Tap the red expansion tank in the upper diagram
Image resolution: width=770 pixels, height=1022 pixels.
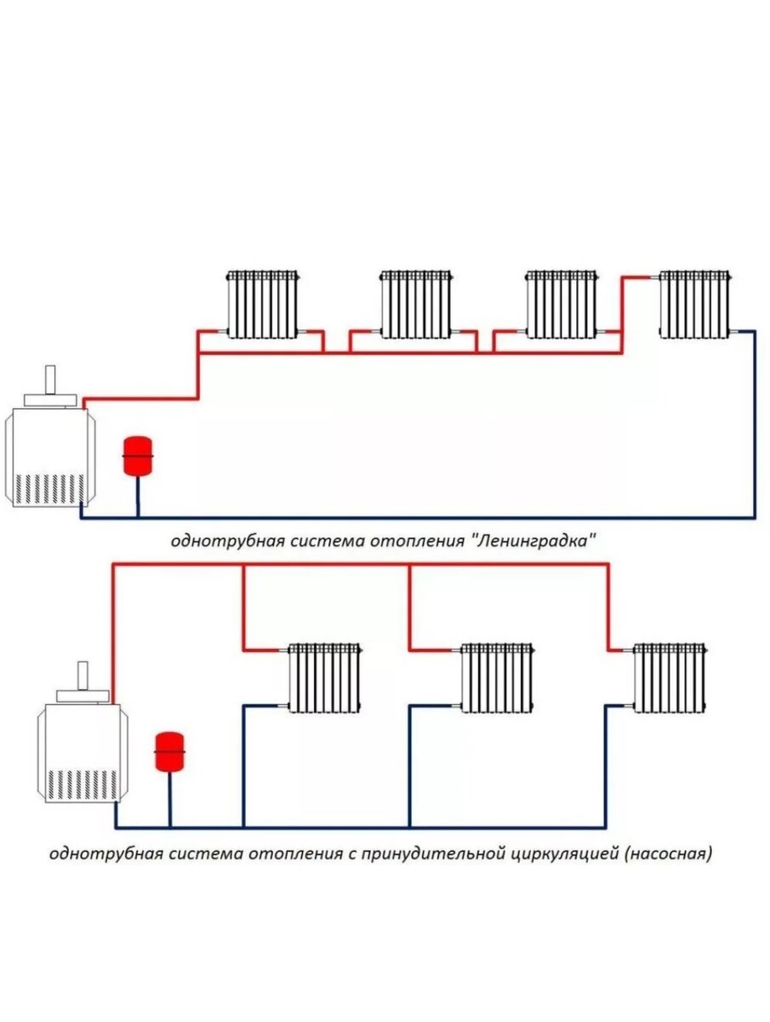136,456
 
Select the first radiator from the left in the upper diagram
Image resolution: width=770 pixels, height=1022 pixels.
263,304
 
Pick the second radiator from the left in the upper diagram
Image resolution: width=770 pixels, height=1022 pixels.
415,304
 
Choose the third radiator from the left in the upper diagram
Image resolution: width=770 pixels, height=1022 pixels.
562,304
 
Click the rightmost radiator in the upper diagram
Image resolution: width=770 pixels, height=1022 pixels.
695,304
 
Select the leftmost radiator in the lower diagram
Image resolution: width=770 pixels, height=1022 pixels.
324,677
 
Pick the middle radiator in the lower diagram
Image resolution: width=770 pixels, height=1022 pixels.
497,677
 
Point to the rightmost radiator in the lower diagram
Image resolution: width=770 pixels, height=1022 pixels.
670,677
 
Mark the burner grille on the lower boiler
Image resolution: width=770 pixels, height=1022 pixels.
81,784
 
